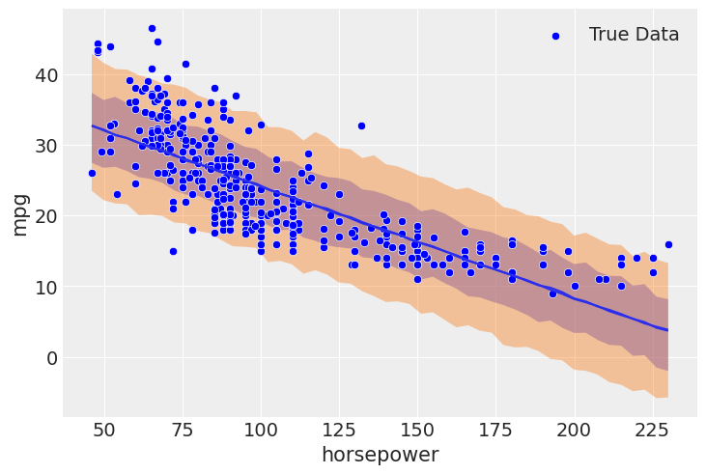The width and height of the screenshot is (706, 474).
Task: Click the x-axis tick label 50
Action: click(104, 431)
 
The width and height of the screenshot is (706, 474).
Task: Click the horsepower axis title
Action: click(380, 455)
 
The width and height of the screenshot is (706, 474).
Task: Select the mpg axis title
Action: click(19, 214)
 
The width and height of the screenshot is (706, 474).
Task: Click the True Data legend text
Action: click(634, 35)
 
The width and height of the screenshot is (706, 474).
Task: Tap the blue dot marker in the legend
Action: click(555, 36)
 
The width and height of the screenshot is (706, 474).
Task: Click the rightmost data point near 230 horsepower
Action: click(668, 244)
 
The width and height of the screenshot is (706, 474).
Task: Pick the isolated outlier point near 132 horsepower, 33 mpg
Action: click(361, 125)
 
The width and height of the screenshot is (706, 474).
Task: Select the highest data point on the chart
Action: click(152, 28)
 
